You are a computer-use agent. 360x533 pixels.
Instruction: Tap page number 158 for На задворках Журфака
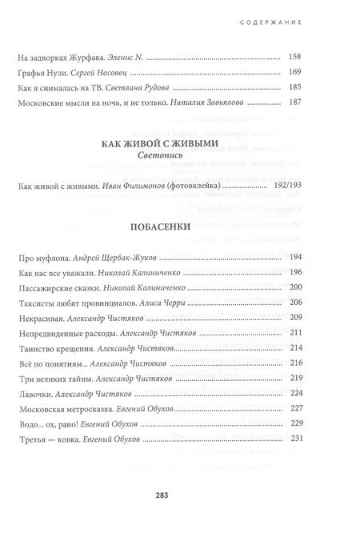pos(294,58)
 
